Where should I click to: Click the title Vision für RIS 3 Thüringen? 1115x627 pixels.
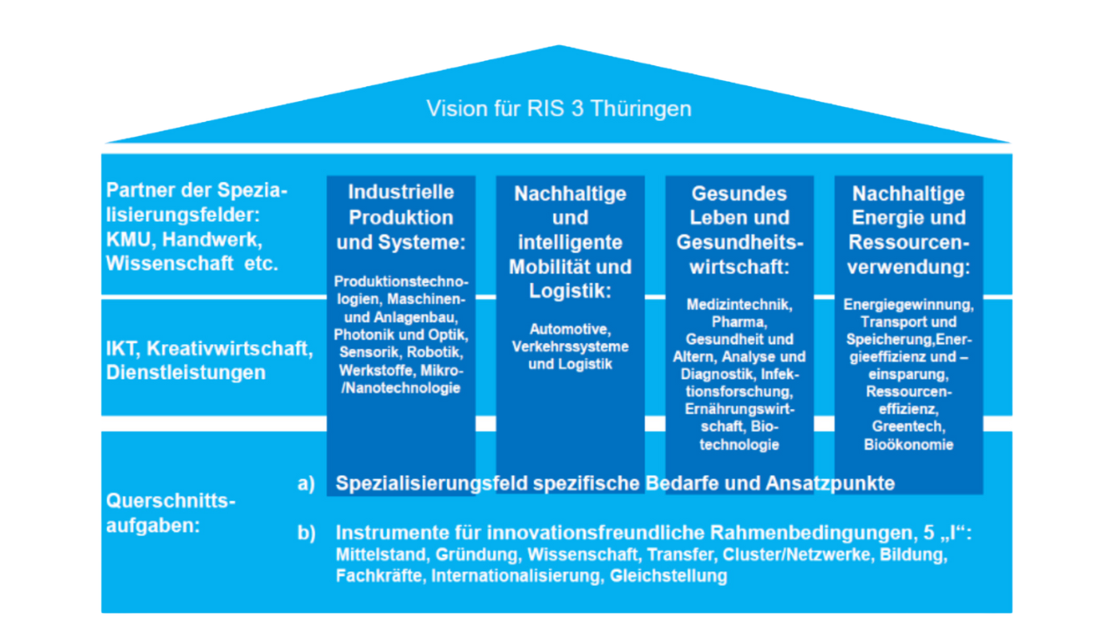[x=558, y=109]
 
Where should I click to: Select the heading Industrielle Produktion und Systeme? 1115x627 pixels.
[x=401, y=217]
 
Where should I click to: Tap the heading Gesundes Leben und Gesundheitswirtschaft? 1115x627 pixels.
[x=740, y=229]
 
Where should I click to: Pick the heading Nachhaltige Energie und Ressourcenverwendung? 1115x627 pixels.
[x=909, y=229]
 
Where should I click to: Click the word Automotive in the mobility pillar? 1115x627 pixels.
[x=571, y=329]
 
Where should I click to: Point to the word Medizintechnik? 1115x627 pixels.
[x=740, y=305]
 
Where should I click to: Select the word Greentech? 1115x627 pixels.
[x=909, y=426]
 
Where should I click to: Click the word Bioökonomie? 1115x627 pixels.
[x=909, y=444]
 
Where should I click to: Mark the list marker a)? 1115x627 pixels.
[x=307, y=483]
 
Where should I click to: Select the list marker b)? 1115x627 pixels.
[x=307, y=533]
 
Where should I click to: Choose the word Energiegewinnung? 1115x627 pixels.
[x=909, y=305]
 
